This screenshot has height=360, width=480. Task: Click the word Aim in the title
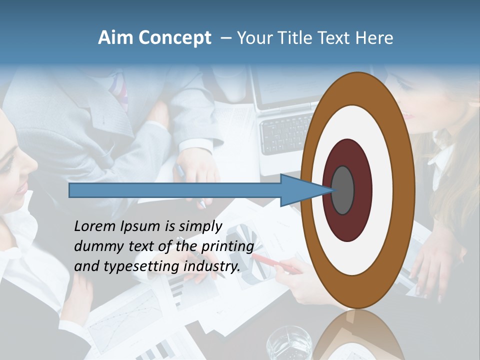[x=114, y=38]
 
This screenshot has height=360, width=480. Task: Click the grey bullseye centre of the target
[x=342, y=190]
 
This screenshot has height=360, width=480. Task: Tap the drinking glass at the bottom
[x=289, y=345]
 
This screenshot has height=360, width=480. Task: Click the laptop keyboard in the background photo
[x=285, y=132]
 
